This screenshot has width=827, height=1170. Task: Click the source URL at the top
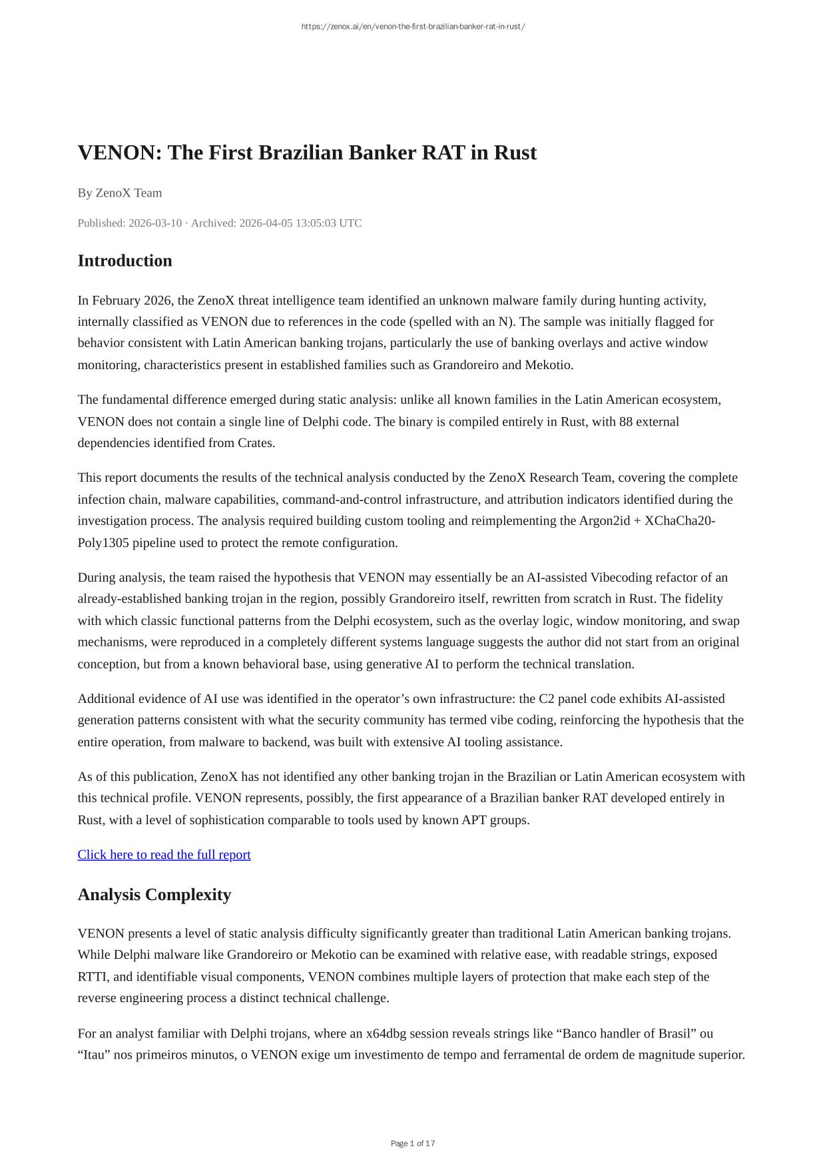(x=413, y=27)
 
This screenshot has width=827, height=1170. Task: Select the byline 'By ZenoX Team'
(x=120, y=193)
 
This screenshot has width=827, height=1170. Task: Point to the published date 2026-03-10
(x=154, y=223)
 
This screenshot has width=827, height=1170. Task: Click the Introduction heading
(x=125, y=261)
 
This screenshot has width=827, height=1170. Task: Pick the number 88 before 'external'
(x=625, y=422)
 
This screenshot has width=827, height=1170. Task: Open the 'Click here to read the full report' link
(x=164, y=855)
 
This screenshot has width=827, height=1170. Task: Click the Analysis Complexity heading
(x=154, y=895)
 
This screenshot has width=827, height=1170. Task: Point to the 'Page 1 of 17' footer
(x=413, y=1143)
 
